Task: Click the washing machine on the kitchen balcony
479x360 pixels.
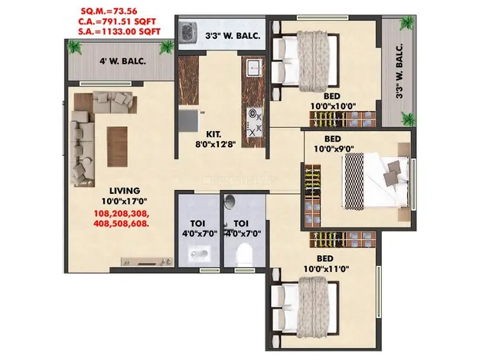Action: pos(191,34)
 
